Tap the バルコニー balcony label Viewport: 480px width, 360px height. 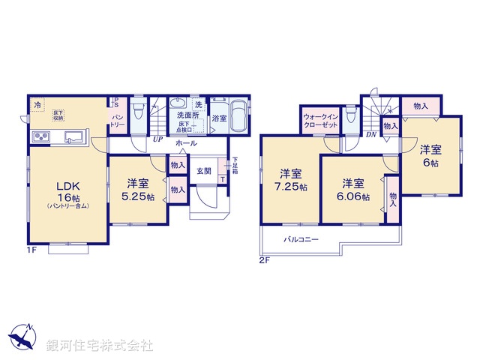pyautogui.click(x=301, y=240)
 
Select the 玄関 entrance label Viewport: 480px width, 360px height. pyautogui.click(x=204, y=171)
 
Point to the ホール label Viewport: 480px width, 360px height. pyautogui.click(x=186, y=143)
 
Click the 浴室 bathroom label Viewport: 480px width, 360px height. pyautogui.click(x=220, y=118)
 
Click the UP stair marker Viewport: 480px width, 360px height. pyautogui.click(x=157, y=139)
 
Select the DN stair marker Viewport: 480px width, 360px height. pyautogui.click(x=371, y=135)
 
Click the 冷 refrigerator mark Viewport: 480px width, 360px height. pyautogui.click(x=37, y=106)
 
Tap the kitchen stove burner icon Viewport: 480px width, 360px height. pyautogui.click(x=40, y=136)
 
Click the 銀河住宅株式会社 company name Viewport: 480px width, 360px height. pyautogui.click(x=100, y=346)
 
